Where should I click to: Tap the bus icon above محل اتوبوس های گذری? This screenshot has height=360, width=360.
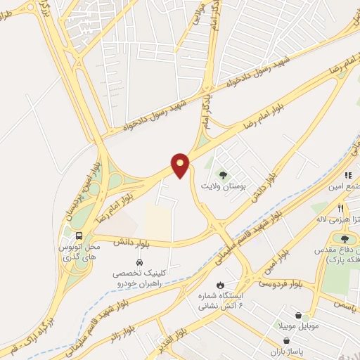point(79,236)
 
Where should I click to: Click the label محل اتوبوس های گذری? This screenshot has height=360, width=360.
point(79,252)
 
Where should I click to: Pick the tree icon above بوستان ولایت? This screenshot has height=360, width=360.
point(223,174)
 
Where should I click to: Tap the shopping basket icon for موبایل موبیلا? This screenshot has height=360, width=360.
point(303,316)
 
